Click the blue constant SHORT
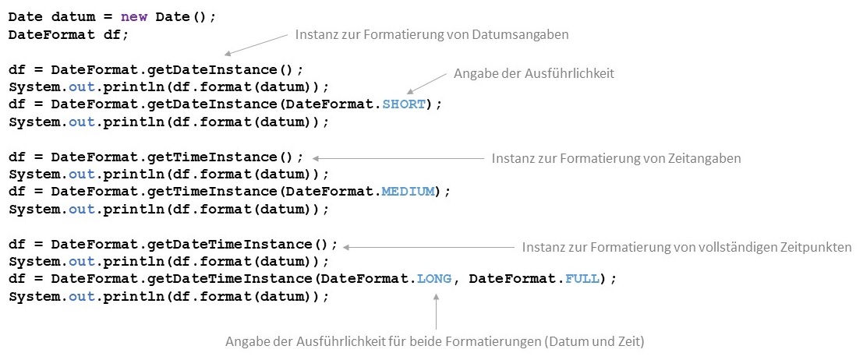[x=405, y=104]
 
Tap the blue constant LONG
[x=434, y=278]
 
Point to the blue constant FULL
[x=582, y=278]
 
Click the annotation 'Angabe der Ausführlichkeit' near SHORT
[x=534, y=73]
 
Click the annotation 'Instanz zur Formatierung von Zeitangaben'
[x=616, y=158]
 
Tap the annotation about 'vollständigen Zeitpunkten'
[x=687, y=247]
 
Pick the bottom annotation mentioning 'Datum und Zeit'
[x=435, y=341]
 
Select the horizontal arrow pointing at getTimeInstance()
[x=397, y=158]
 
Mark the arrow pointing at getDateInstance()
[x=255, y=44]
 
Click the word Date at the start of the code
[x=25, y=18]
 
